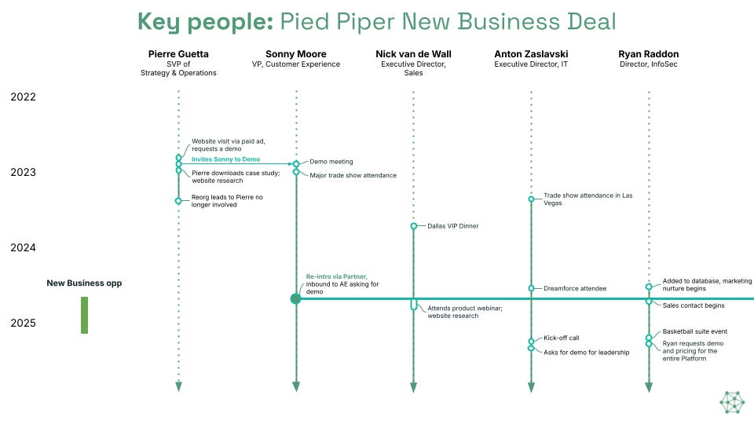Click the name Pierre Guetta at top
pos(178,54)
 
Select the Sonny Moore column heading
pos(295,54)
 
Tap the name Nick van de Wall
pos(413,54)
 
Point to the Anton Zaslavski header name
pos(531,54)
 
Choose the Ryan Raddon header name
pos(648,54)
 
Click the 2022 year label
pos(23,97)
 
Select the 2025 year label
pos(23,323)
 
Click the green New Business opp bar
pos(84,315)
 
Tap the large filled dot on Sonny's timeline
pos(296,298)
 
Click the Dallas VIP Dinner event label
pos(452,226)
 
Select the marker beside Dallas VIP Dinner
pos(414,226)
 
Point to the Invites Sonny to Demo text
pos(225,159)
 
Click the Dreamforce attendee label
pos(575,288)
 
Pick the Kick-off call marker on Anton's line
pos(531,342)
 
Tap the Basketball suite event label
pos(695,332)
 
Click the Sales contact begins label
pos(694,305)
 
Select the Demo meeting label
pos(331,162)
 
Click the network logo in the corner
pos(732,401)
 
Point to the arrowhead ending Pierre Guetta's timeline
pos(178,386)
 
